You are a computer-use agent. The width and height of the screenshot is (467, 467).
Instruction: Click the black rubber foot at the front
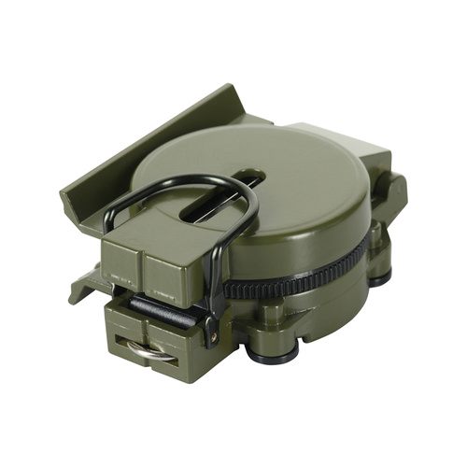coord(277,351)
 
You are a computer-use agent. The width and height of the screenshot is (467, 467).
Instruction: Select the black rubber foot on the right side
coord(378,276)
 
